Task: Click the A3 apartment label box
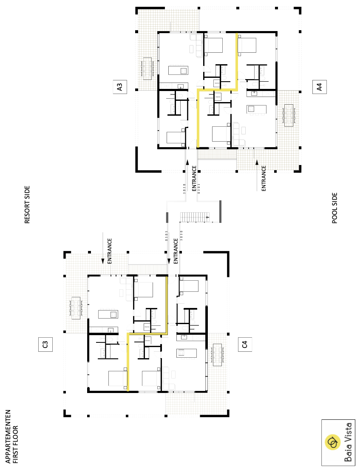click(120, 87)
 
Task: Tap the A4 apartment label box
click(319, 87)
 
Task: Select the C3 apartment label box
click(45, 345)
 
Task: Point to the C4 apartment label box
click(245, 345)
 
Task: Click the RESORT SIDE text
click(27, 205)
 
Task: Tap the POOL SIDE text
click(335, 208)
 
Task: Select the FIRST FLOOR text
click(16, 444)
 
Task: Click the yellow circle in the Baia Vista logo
click(332, 442)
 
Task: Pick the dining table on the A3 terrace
click(147, 68)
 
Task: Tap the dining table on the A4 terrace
click(289, 115)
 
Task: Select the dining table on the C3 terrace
click(76, 308)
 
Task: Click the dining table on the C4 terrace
click(217, 355)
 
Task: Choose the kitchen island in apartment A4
click(256, 109)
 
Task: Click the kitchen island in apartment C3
click(108, 314)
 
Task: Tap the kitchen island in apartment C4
click(187, 353)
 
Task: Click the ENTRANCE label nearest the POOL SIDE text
click(264, 178)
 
